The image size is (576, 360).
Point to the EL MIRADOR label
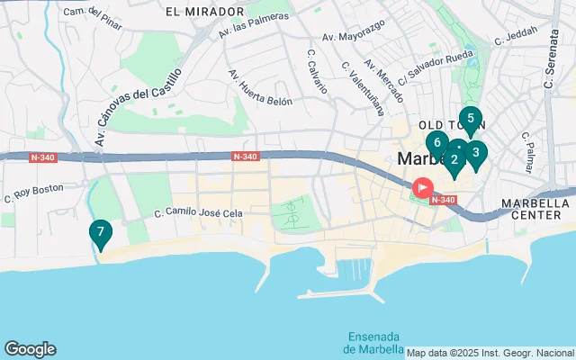[205, 12]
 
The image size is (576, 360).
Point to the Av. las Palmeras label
[254, 26]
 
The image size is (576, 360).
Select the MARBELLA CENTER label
[537, 209]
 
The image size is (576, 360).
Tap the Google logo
[30, 349]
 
